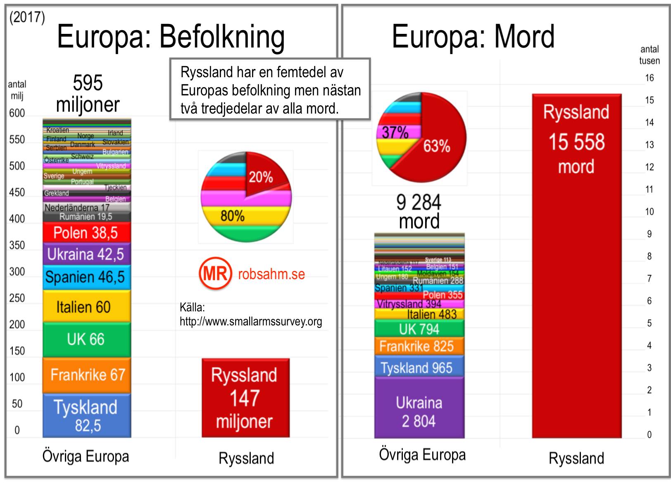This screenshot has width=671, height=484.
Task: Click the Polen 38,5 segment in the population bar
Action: [86, 233]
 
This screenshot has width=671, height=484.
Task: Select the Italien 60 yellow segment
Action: [86, 307]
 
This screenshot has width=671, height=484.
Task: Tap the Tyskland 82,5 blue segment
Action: [86, 415]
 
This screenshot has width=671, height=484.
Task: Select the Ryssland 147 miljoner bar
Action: [245, 398]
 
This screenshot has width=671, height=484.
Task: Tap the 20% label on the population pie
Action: [260, 178]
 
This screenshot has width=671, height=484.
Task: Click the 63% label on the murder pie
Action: [436, 146]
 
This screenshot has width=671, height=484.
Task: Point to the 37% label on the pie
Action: [395, 133]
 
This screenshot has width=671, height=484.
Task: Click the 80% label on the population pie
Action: [232, 216]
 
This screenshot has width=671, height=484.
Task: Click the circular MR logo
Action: [215, 273]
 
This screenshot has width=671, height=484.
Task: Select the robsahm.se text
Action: [271, 274]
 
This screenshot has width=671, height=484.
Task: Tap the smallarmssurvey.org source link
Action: [250, 321]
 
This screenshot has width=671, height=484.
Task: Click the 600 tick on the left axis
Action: [17, 113]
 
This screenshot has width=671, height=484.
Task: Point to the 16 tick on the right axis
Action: [649, 78]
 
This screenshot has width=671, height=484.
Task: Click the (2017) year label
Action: [27, 17]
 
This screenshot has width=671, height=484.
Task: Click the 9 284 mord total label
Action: [419, 211]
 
